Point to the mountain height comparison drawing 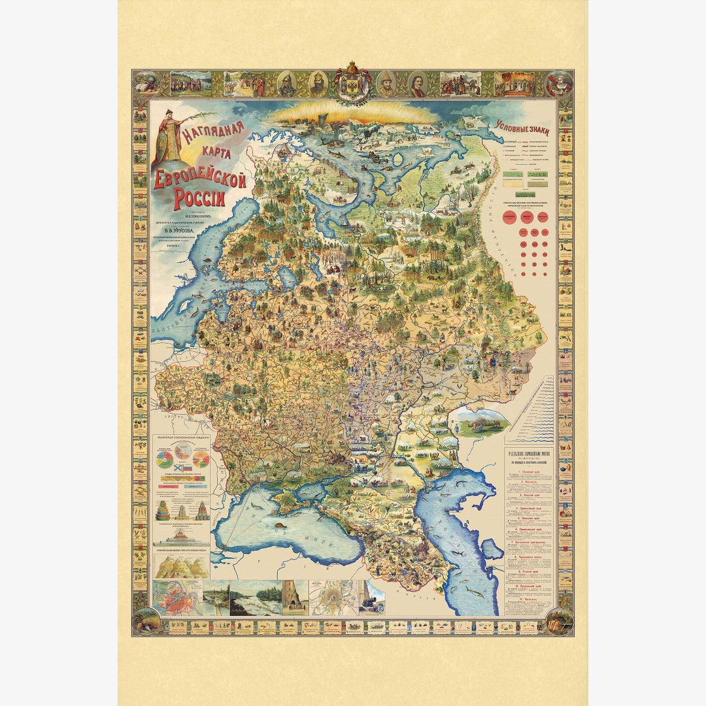[x=182, y=566]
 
